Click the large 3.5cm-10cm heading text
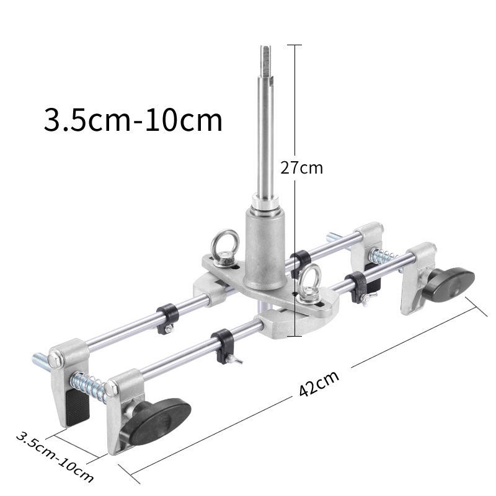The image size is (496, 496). click(x=133, y=120)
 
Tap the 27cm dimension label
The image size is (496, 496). click(x=301, y=167)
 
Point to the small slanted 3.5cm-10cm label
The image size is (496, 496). click(x=55, y=457)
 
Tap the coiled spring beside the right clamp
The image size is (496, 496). click(x=383, y=256)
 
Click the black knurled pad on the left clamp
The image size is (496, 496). click(x=77, y=409)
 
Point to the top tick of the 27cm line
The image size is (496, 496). click(x=294, y=45)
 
